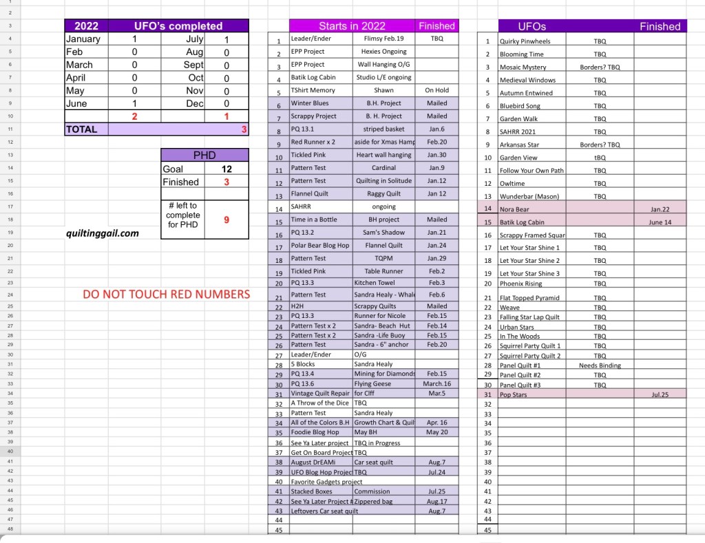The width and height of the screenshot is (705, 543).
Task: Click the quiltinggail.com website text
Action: tap(103, 233)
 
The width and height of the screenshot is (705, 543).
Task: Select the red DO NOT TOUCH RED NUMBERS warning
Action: tap(166, 295)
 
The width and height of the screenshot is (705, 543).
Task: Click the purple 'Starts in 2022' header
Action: tap(352, 26)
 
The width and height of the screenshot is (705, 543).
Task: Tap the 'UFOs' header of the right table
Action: tap(532, 26)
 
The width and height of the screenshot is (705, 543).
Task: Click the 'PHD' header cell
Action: tap(204, 156)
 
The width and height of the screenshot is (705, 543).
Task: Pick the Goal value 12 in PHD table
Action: tap(227, 169)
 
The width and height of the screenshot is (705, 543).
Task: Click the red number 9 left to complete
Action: tap(227, 220)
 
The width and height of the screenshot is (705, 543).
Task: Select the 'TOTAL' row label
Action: tap(82, 129)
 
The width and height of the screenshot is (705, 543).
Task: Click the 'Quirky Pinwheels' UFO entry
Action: tap(525, 41)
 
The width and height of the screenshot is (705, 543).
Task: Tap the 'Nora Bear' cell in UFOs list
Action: tap(515, 209)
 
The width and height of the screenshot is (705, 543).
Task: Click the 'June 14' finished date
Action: tap(660, 222)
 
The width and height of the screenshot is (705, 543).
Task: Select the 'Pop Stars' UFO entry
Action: tap(513, 396)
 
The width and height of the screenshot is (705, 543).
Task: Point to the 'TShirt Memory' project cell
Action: tap(313, 90)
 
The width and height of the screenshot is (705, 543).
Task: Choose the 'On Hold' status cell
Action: tap(436, 90)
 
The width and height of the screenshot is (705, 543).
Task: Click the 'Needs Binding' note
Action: tap(600, 365)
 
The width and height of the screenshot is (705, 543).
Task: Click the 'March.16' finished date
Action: tap(436, 383)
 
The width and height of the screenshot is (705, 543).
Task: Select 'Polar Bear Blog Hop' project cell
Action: tap(320, 246)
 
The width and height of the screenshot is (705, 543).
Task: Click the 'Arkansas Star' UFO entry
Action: tap(519, 145)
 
